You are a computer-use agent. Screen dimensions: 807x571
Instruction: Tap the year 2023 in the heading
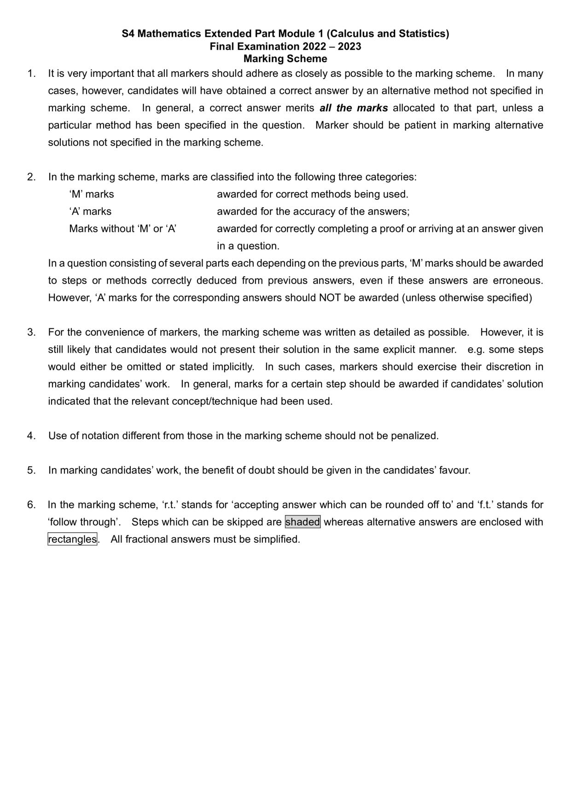(x=350, y=46)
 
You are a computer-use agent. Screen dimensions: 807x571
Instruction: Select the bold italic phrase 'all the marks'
(x=354, y=108)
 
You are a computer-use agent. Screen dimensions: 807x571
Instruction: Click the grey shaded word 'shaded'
(x=303, y=522)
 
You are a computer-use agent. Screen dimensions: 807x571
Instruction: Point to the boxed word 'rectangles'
(x=72, y=539)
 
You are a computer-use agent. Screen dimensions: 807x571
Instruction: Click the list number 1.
(x=31, y=74)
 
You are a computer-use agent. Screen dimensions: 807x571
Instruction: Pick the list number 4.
(x=31, y=436)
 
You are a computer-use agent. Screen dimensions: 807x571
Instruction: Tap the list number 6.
(x=31, y=505)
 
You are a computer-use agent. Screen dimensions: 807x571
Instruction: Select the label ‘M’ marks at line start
(x=92, y=194)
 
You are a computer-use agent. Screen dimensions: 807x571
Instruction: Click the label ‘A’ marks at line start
(x=90, y=212)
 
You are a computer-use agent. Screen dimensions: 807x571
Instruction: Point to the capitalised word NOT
(x=330, y=298)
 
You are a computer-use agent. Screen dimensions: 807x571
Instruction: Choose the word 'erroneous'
(x=517, y=281)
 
